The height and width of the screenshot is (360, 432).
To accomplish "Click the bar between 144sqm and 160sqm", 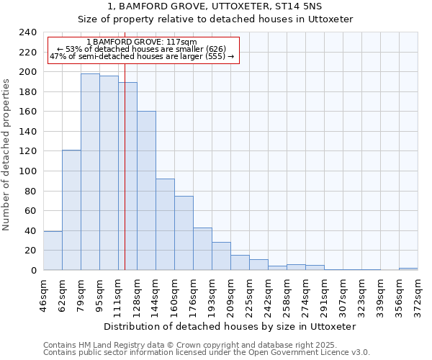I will pos(165,224).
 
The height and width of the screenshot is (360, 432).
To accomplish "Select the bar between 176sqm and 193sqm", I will pos(202,248).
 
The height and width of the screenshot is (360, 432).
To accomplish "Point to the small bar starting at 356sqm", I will pos(408,269).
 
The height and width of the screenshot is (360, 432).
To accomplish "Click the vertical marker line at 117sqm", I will pos(125,180).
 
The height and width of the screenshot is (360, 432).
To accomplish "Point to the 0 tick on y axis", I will pos(33,271).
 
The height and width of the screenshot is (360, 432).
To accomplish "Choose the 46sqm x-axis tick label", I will pos(44,292).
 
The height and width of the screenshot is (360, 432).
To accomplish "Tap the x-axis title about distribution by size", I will pos(230,326).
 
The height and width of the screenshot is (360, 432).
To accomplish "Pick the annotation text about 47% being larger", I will pos(142,56).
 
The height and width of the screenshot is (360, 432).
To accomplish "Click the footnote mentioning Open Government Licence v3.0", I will pos(207,353).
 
